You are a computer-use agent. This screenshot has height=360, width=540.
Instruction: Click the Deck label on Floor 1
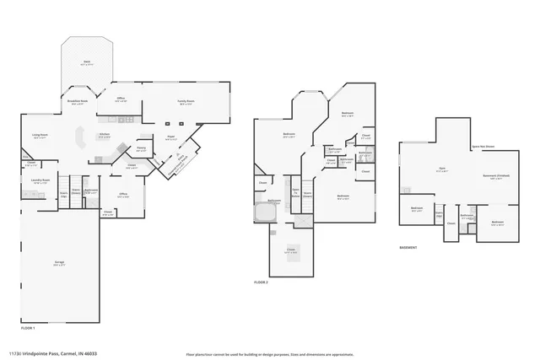point(86,63)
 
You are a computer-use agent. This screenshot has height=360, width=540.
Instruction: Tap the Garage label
point(60,265)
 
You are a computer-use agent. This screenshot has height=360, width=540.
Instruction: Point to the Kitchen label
point(104,136)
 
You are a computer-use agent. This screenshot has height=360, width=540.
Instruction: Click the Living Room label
point(39,136)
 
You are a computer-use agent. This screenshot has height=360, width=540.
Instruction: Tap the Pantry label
point(142,149)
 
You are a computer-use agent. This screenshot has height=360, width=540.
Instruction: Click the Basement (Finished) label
point(495,175)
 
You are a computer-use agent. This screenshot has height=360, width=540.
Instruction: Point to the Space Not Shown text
point(483,146)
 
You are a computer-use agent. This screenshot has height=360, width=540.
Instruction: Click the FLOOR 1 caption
point(28,326)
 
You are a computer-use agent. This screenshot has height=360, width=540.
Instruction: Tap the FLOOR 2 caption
point(261,282)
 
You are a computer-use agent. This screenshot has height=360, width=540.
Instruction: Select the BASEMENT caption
point(411,248)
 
